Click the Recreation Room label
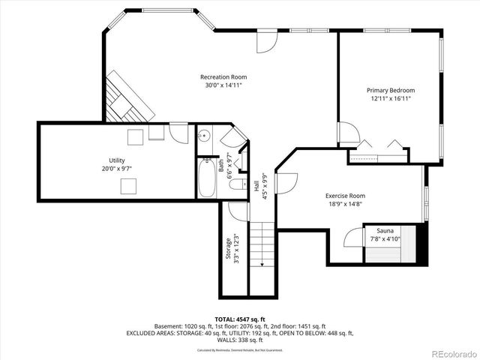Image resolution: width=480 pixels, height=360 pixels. point(223,76)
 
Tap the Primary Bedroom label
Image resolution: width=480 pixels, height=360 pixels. point(391,90)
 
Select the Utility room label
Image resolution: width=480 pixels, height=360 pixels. point(116,160)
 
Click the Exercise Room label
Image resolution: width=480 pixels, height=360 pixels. point(345,196)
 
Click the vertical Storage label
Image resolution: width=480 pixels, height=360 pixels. point(229,249)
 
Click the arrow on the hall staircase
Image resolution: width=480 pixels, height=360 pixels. point(262,262)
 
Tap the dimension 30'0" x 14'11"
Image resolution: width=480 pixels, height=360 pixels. point(223,85)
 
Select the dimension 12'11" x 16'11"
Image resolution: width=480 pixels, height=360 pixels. point(391,98)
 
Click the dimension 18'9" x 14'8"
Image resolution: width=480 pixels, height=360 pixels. point(345,204)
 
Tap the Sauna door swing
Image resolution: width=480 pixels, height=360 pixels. point(352,239)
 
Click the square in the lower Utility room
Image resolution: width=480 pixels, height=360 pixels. point(130,185)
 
